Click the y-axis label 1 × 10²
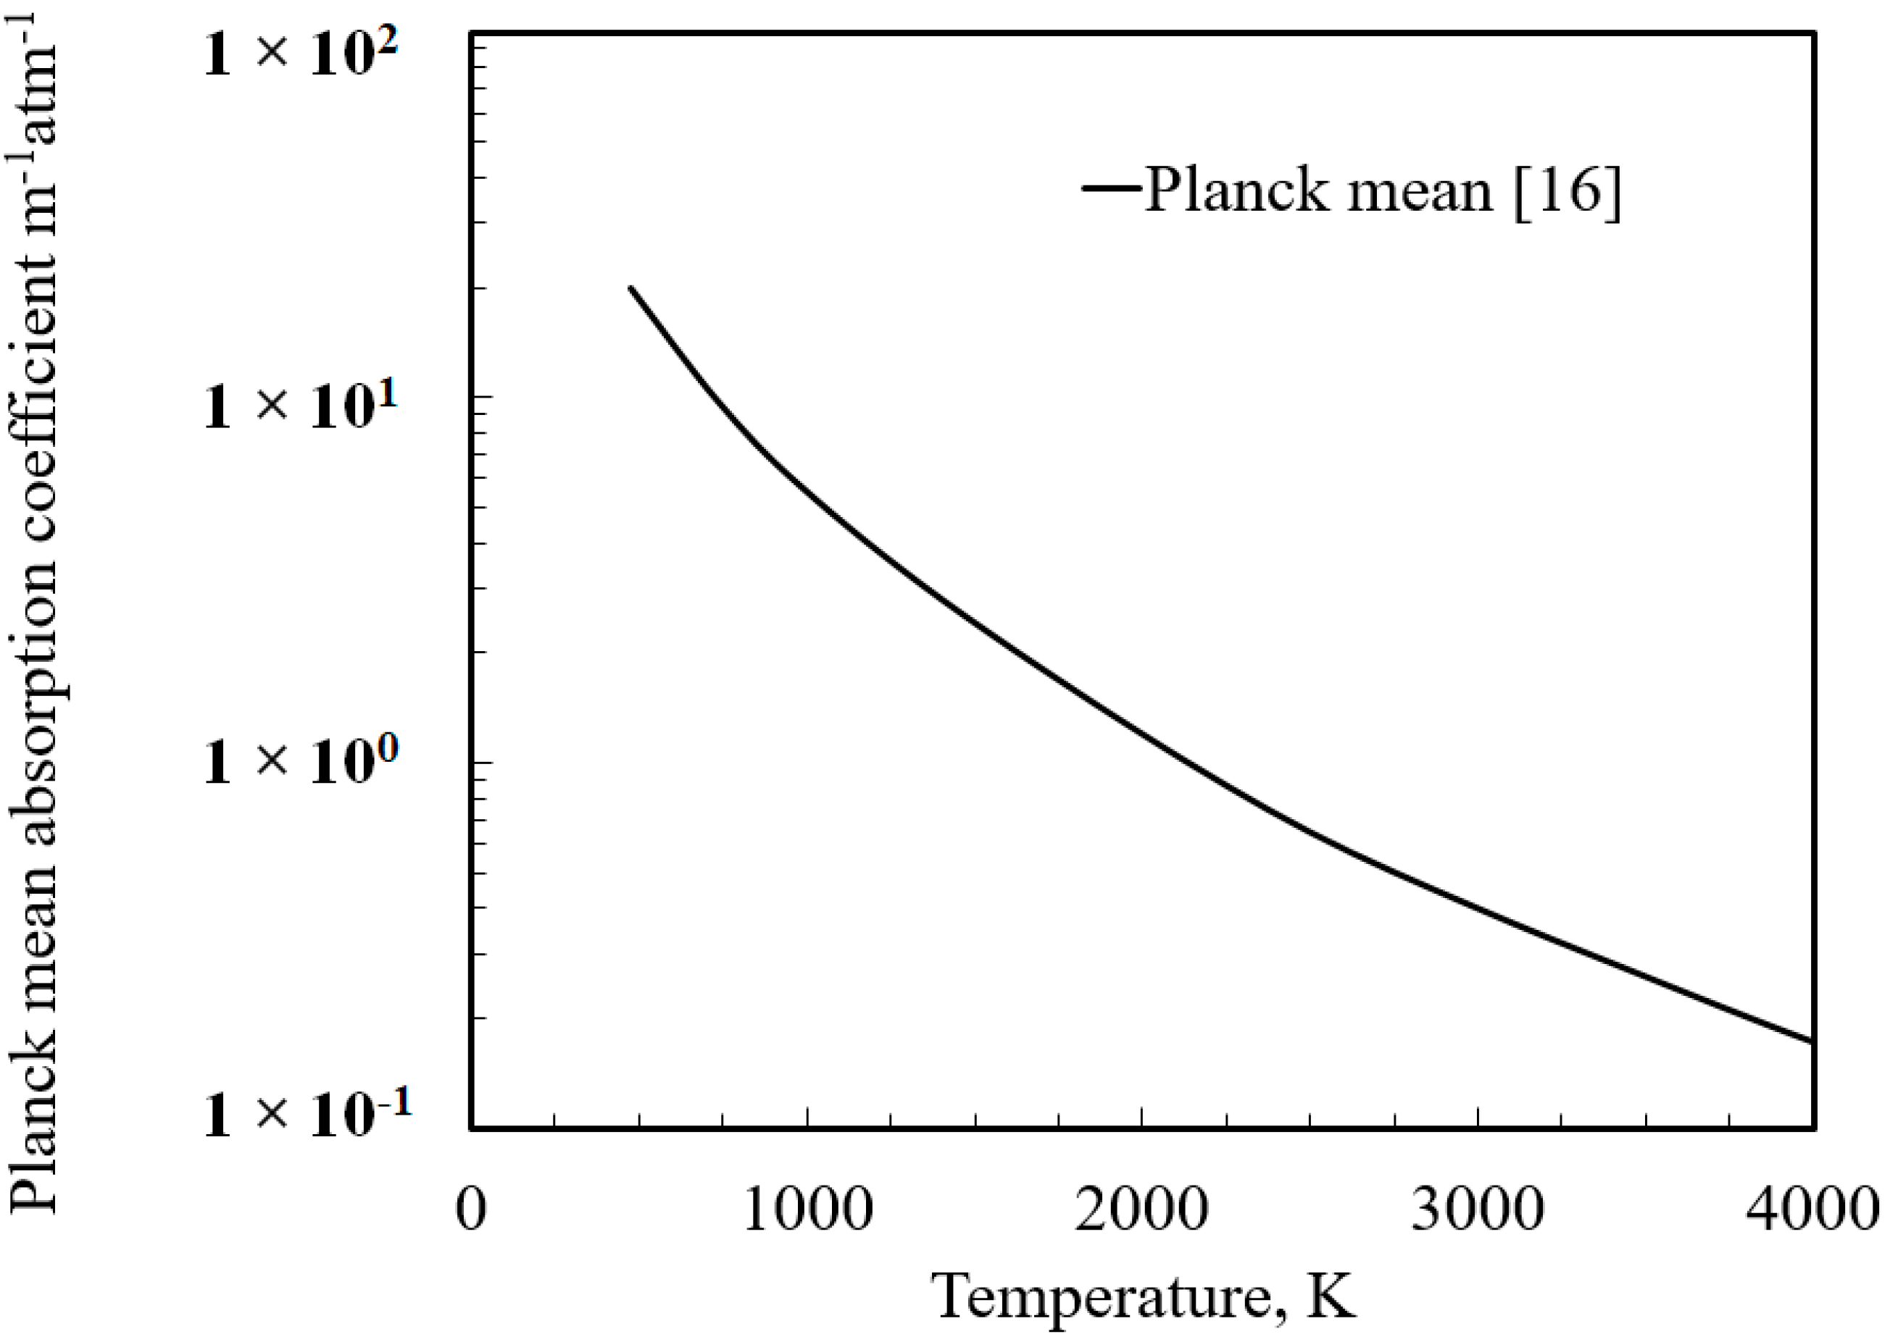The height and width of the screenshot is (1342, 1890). point(299,56)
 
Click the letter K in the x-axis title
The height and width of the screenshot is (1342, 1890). point(1332,1295)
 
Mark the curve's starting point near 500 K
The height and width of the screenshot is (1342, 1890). point(630,288)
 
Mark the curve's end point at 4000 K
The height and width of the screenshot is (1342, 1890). point(1810,1041)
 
